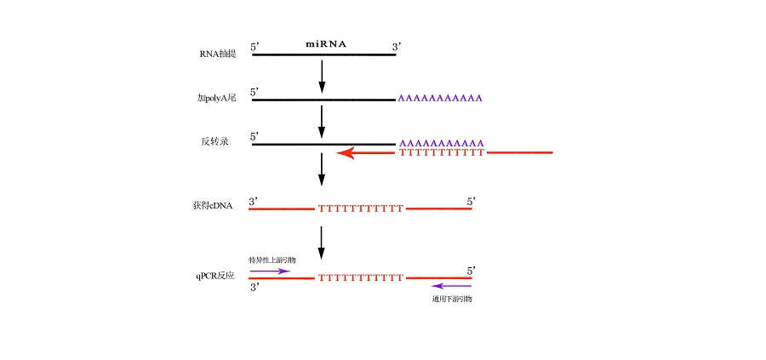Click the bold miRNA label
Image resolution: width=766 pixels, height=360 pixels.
[x=326, y=43]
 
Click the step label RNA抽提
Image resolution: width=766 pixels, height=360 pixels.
[x=217, y=54]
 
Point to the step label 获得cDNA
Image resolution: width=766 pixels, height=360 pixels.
[x=213, y=206]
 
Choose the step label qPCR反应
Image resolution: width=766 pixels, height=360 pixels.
[x=214, y=276]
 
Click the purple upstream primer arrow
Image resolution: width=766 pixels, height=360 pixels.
[x=270, y=271]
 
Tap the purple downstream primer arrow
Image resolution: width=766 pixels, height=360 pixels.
[x=451, y=286]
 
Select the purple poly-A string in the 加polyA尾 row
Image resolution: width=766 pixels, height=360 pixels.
[x=441, y=99]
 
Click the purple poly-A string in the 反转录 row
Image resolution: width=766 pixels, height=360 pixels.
[x=441, y=143]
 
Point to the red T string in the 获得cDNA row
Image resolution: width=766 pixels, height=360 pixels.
[x=360, y=209]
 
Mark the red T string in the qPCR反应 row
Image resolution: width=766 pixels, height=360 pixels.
[x=360, y=278]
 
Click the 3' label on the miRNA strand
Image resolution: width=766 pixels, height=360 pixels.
[x=397, y=47]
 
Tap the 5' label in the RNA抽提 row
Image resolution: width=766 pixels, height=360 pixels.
[x=255, y=47]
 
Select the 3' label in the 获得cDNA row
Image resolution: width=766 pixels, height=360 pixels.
[x=254, y=202]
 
